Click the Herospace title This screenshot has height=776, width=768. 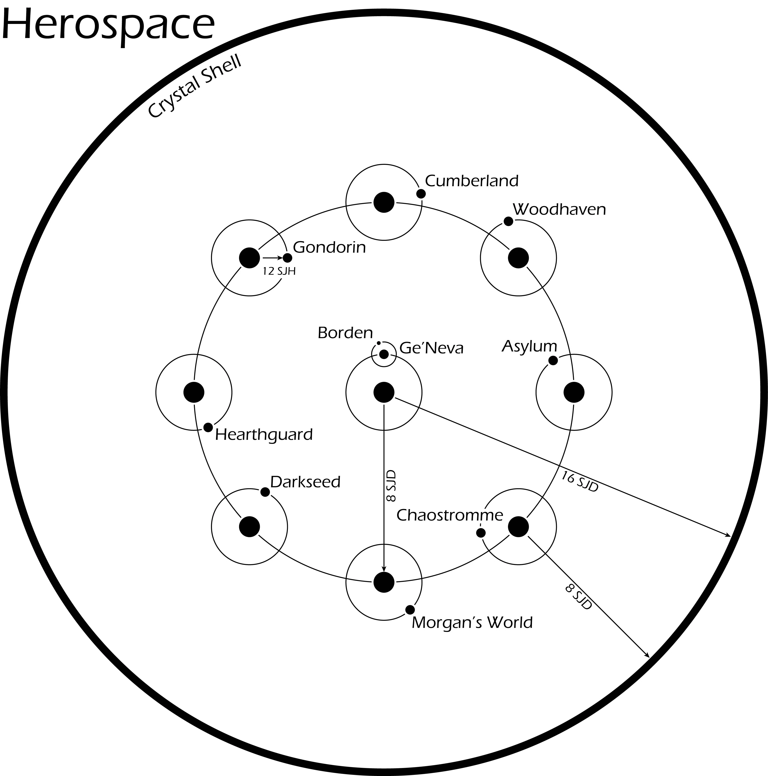tap(108, 25)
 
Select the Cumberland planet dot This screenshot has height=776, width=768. tap(421, 194)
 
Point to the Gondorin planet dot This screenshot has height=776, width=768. tap(288, 258)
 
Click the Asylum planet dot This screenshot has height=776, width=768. tap(553, 360)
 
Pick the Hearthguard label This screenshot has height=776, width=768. tap(264, 435)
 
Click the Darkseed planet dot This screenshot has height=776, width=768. tap(265, 492)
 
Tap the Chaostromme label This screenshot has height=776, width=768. tap(450, 515)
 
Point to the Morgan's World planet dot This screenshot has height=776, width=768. tap(410, 610)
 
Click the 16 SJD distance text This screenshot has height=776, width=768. tap(580, 482)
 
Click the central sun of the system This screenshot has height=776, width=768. tap(384, 392)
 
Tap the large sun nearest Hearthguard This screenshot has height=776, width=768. tap(194, 392)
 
